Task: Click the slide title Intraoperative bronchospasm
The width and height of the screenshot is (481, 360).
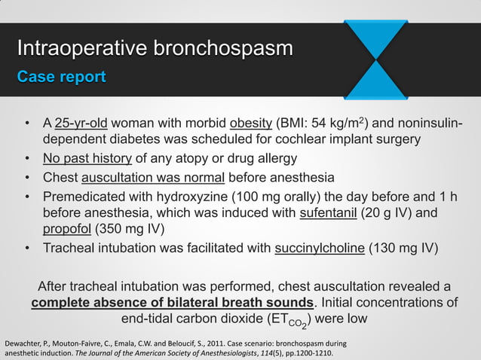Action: [x=155, y=50]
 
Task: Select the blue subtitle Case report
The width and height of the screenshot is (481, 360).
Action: [x=62, y=77]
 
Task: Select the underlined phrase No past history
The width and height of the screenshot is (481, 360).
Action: [x=87, y=159]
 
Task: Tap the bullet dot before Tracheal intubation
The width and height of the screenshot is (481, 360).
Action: [x=27, y=249]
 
